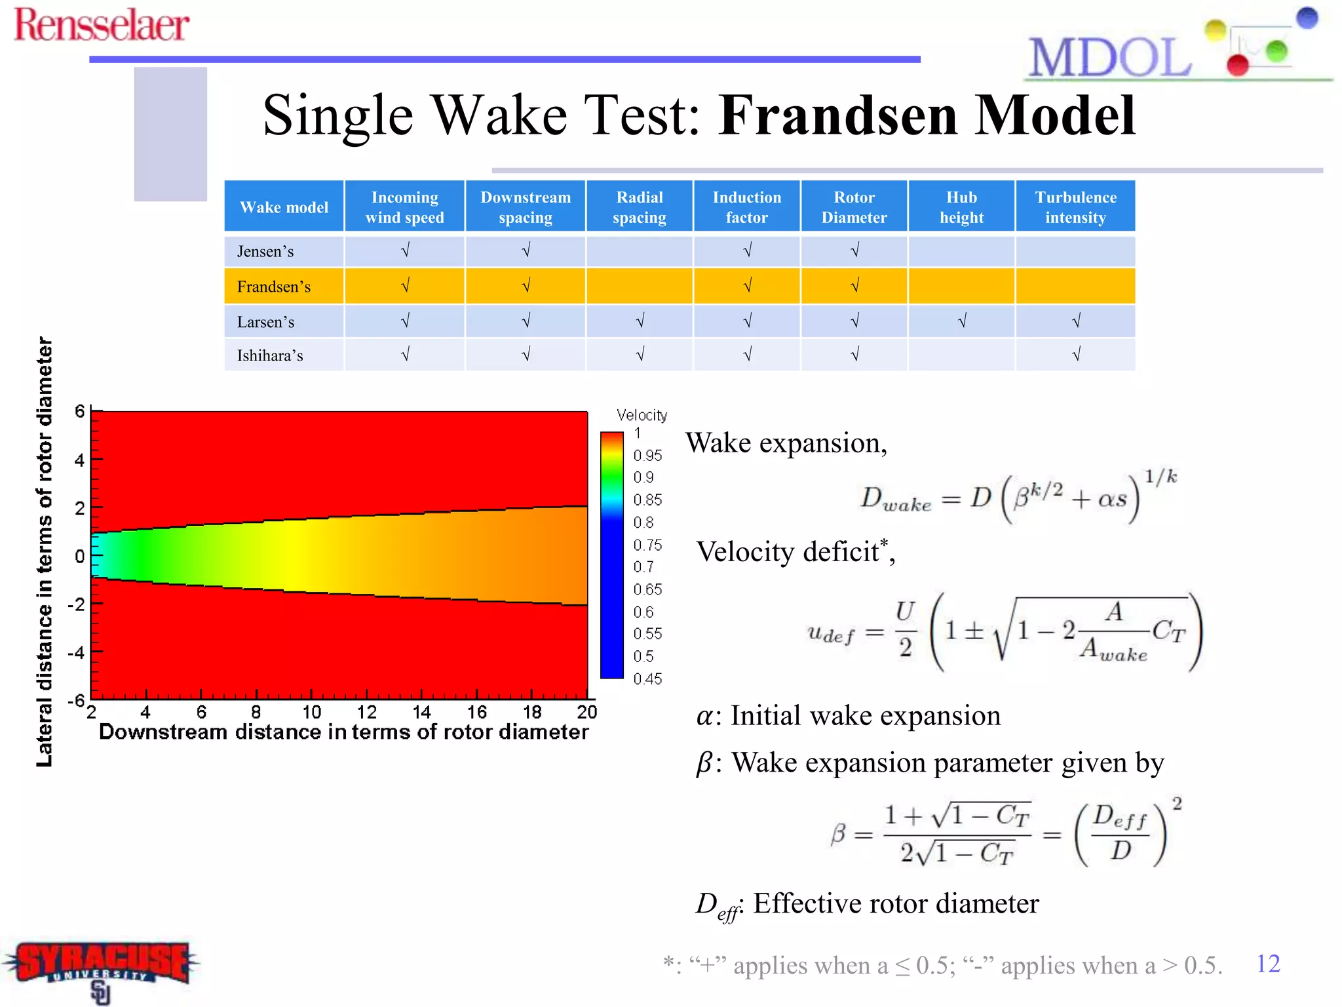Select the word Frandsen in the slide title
coord(837,115)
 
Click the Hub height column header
coord(961,207)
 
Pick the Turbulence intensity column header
coord(1075,207)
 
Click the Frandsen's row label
coord(274,286)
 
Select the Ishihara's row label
coord(270,355)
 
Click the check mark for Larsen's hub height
coord(961,321)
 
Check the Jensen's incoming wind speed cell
coord(405,250)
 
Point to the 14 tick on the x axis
coord(421,712)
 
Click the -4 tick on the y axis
coord(77,652)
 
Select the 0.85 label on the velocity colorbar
coord(647,500)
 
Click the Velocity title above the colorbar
coord(642,415)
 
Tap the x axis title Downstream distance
coord(343,732)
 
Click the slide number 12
coord(1267,964)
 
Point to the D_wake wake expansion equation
coord(1018,497)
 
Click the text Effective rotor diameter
coord(895,903)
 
